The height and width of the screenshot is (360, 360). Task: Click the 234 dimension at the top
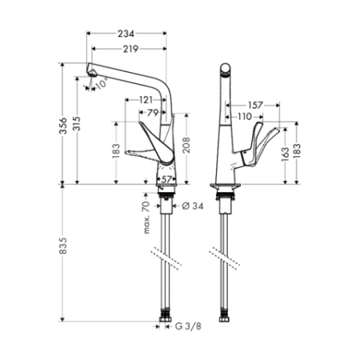pyautogui.click(x=125, y=34)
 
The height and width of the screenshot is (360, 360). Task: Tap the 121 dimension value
pyautogui.click(x=146, y=99)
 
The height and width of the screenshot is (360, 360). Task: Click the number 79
pyautogui.click(x=154, y=114)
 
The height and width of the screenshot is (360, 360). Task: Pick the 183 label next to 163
pyautogui.click(x=298, y=150)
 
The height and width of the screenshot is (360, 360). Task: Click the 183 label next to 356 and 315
pyautogui.click(x=116, y=151)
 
